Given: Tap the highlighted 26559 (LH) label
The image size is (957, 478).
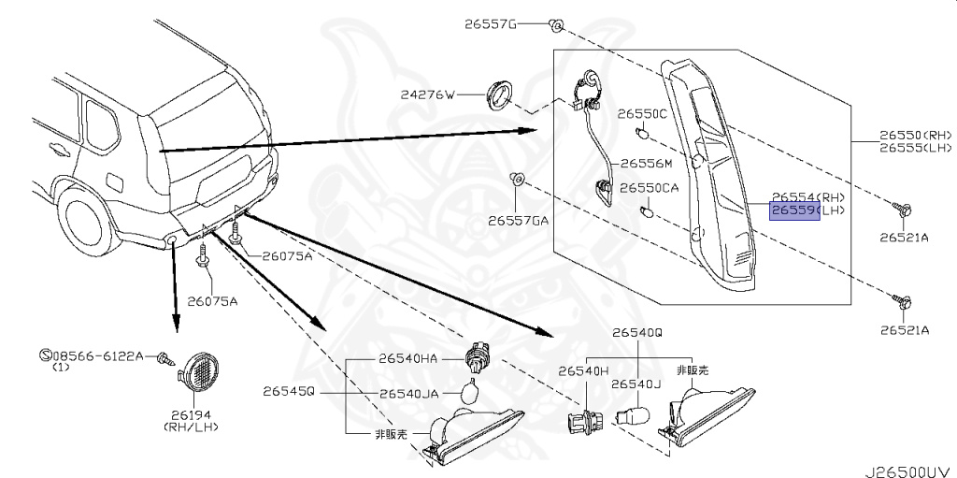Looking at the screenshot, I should coord(807,211).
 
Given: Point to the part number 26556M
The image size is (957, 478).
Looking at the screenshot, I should coord(646,163).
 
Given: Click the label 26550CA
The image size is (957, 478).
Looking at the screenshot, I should coord(650,188).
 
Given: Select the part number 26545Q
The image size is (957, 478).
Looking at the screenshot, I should coord(290,391).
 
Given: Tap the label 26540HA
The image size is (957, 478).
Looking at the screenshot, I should coord(408,357).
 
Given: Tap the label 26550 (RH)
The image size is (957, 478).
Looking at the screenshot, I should coord(915,136).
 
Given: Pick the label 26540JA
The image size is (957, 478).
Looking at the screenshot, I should coord(408,394).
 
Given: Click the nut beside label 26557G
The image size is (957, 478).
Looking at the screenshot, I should coord(554,23).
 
